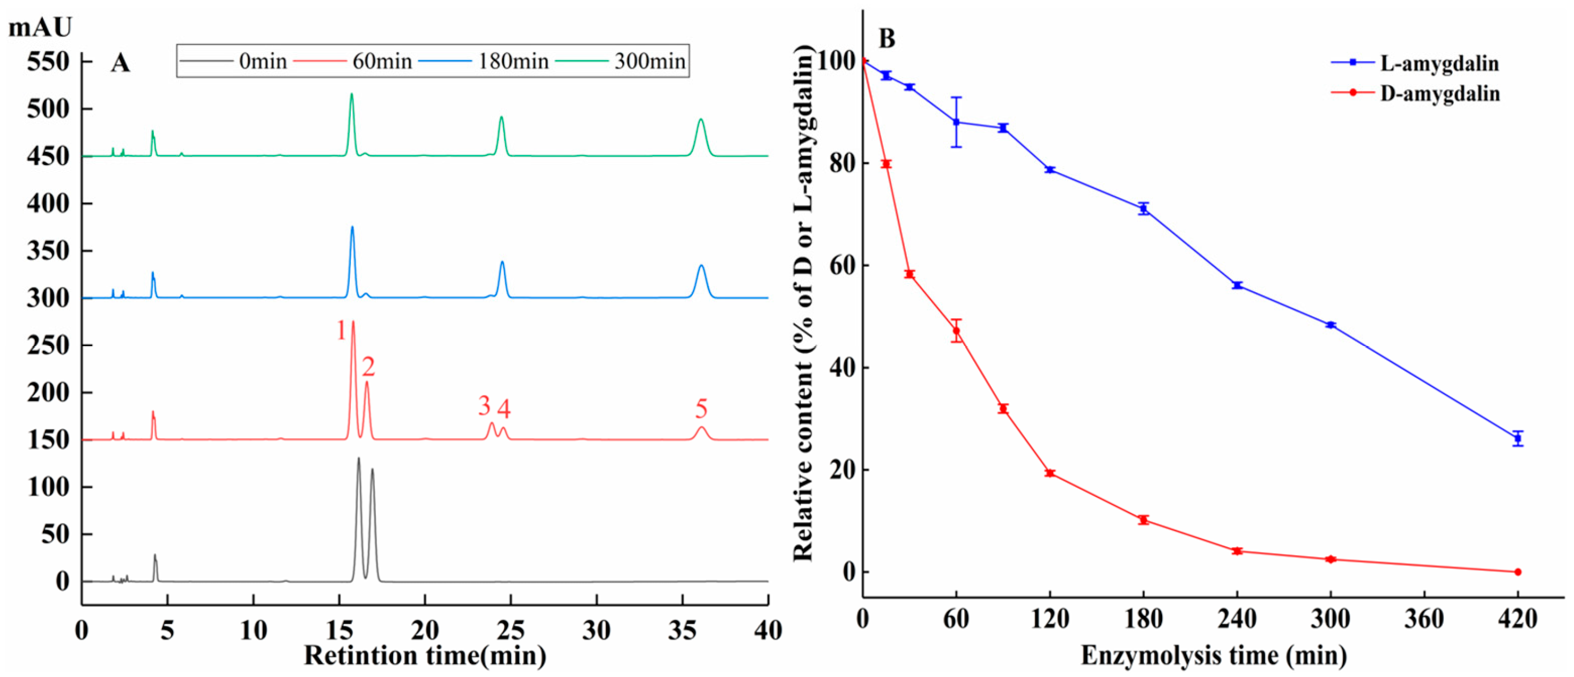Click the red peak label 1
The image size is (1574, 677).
tap(342, 331)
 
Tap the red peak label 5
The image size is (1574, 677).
tap(701, 408)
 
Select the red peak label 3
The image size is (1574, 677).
tap(484, 405)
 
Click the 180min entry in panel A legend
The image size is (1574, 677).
tap(512, 61)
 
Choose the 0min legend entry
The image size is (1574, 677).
tap(262, 61)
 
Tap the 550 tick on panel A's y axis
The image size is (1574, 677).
tap(48, 62)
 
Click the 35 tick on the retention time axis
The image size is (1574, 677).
tap(683, 630)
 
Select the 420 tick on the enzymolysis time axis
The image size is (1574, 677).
tap(1518, 620)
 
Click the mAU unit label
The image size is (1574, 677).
tap(40, 27)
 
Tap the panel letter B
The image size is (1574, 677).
tap(886, 39)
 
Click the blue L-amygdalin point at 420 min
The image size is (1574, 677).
tap(1518, 438)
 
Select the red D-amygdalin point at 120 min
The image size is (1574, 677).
tap(1050, 473)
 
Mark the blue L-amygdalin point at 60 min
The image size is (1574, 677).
tap(956, 122)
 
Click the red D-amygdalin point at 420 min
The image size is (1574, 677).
tap(1518, 572)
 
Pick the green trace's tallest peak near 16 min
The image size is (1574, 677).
tap(351, 95)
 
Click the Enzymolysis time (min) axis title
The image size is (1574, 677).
tap(1214, 656)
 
